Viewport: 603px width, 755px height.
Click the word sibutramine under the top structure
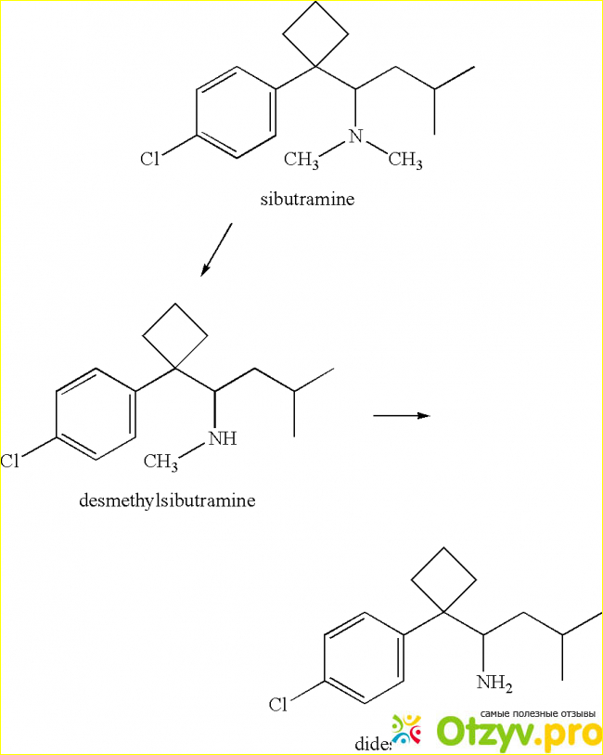click(x=307, y=199)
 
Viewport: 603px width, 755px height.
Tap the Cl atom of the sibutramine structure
click(x=150, y=159)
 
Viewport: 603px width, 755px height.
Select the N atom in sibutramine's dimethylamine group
click(x=353, y=137)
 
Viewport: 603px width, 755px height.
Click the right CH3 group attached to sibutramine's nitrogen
click(x=404, y=161)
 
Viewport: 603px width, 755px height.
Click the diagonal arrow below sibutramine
click(x=216, y=249)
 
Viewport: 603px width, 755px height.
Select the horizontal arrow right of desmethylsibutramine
click(x=401, y=416)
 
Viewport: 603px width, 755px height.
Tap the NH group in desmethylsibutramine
click(x=223, y=438)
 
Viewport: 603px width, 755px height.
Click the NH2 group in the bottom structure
click(x=494, y=683)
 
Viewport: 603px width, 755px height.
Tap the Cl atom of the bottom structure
click(x=278, y=705)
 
